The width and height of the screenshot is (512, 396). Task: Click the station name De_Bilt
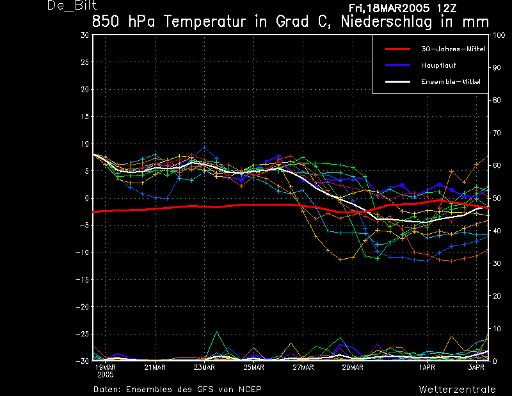coord(72,5)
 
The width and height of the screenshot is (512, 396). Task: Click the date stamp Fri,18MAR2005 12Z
coord(403,8)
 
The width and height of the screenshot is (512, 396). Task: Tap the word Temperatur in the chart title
coord(204,22)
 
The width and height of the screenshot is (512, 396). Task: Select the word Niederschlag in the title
coord(387,22)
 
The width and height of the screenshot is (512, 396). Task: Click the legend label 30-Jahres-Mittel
coord(453,49)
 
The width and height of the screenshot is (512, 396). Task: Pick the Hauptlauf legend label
coord(438,65)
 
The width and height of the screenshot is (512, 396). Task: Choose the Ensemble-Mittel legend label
coord(451,81)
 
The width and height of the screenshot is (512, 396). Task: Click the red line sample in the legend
coord(397,49)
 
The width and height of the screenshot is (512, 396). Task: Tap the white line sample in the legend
coord(397,81)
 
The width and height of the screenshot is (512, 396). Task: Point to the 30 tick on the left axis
coord(85,35)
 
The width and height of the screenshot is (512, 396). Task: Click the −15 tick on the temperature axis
coord(83,279)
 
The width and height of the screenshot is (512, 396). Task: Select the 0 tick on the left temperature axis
coord(87,198)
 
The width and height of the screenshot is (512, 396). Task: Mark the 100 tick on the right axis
coord(499,35)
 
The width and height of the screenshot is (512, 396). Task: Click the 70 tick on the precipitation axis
coord(497,133)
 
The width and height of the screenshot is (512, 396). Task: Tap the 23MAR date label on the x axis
coord(204,367)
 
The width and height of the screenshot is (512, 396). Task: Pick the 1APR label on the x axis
coord(427,367)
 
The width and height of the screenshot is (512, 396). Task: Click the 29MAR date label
coord(353,367)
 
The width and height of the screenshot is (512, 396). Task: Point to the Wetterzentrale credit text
coord(457,390)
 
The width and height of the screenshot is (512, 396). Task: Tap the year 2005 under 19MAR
coord(106,375)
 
